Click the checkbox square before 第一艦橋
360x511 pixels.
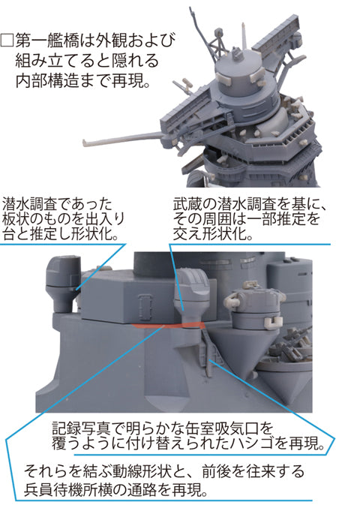click(7, 41)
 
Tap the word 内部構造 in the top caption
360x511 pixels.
click(46, 80)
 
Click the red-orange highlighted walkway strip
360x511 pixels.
click(169, 326)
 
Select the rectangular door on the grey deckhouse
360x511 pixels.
click(144, 308)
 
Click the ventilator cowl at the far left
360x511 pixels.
click(63, 283)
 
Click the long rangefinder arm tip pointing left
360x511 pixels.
click(85, 143)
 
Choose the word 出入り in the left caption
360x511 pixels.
click(104, 219)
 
